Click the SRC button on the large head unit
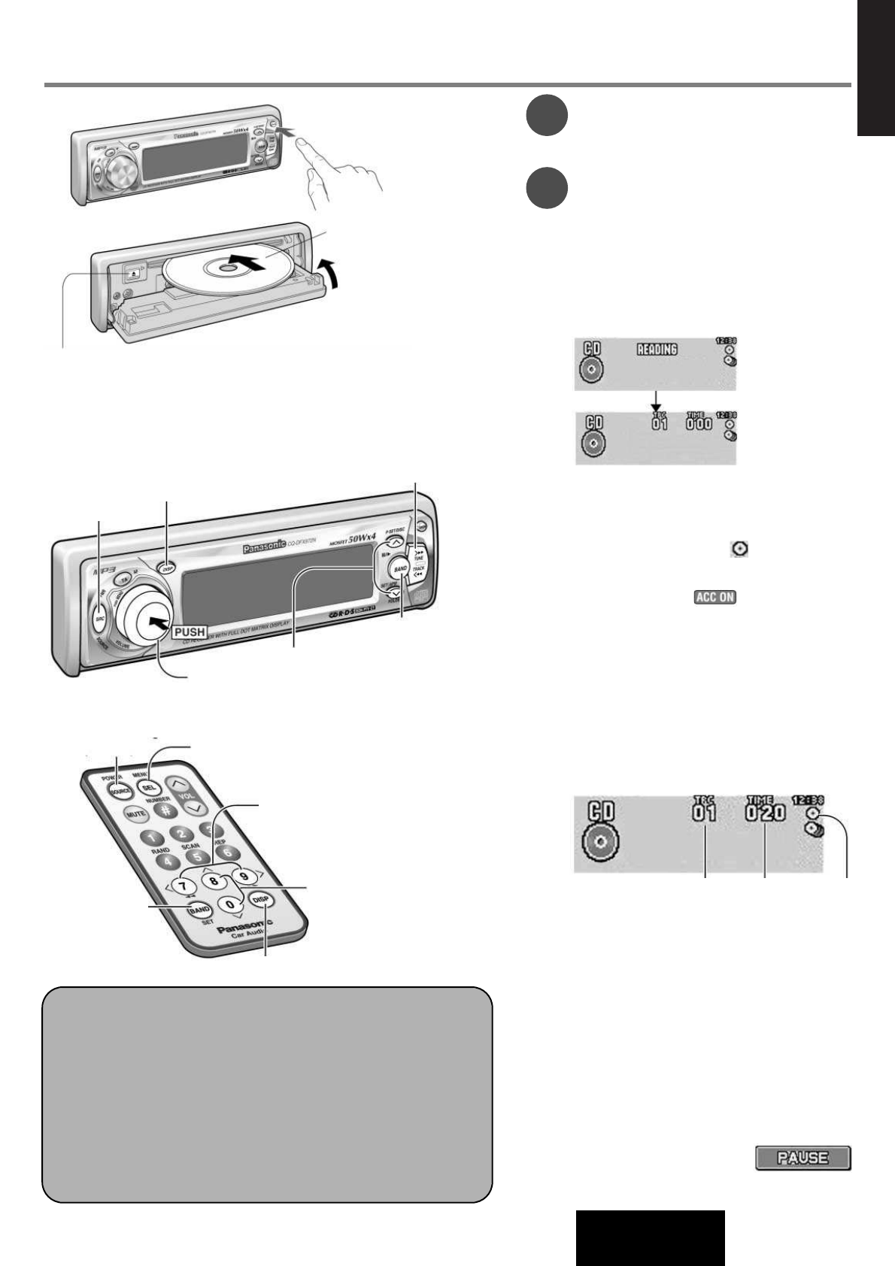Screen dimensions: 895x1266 pyautogui.click(x=99, y=619)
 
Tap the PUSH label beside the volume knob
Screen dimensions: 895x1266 pyautogui.click(x=190, y=631)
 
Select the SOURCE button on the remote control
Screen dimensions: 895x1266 pyautogui.click(x=120, y=792)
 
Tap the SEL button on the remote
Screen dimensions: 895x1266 pyautogui.click(x=149, y=787)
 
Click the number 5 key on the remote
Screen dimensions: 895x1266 pyautogui.click(x=197, y=856)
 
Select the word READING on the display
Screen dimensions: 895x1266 pyautogui.click(x=657, y=350)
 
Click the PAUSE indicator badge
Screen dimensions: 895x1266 pyautogui.click(x=802, y=1158)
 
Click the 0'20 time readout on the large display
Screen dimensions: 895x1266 pyautogui.click(x=766, y=813)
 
